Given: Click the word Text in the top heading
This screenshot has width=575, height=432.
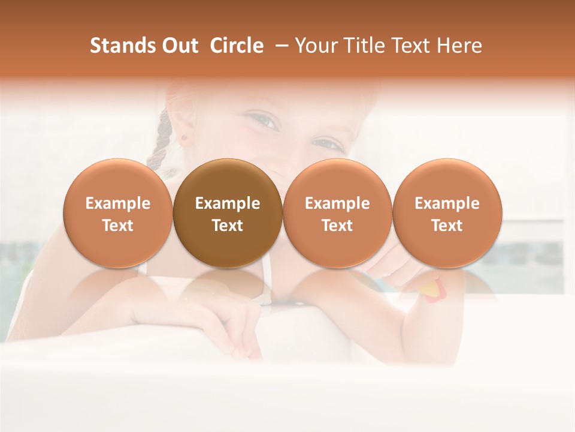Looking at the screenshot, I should (411, 46).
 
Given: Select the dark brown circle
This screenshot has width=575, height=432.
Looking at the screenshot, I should (228, 213).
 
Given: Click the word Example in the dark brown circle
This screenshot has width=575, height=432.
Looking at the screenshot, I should (228, 203).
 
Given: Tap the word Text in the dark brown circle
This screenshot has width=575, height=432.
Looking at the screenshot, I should (228, 226).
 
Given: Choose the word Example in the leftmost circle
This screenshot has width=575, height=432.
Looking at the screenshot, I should (118, 203).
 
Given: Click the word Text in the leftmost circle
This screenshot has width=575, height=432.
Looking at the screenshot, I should (118, 226).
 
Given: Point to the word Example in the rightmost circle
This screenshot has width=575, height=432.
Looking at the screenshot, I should (447, 203).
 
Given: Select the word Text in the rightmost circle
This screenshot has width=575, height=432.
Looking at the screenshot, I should (447, 226).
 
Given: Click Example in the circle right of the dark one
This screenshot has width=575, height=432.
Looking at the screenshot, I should (337, 203).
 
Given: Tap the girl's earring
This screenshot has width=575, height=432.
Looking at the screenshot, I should (184, 137).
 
